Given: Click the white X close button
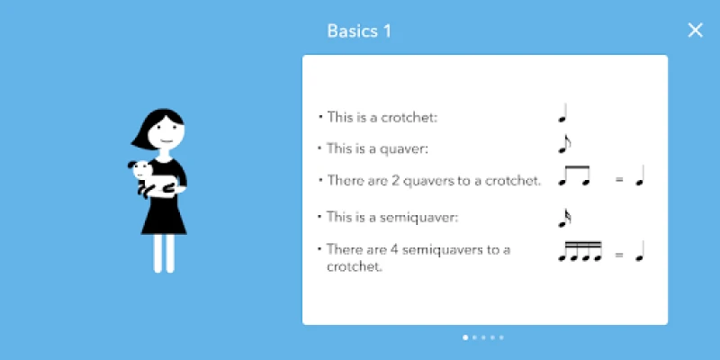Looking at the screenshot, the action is click(695, 31).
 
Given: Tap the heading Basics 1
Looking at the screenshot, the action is click(359, 31).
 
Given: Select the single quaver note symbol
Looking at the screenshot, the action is click(564, 144).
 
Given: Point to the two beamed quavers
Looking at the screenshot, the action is click(574, 175).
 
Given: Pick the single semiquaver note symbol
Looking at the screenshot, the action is click(564, 218).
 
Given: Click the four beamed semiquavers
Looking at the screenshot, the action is click(580, 251).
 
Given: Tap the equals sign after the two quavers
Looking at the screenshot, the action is click(619, 180).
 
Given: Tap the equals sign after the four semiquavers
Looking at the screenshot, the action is click(619, 255).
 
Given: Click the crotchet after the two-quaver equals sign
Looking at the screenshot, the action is click(640, 175).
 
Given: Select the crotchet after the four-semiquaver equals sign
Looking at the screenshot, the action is click(640, 251).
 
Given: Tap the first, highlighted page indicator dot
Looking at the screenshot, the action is click(465, 337).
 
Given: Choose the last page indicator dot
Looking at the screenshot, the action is click(501, 337).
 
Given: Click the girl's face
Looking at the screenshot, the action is click(167, 132).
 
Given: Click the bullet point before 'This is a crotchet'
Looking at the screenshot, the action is click(320, 117).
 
